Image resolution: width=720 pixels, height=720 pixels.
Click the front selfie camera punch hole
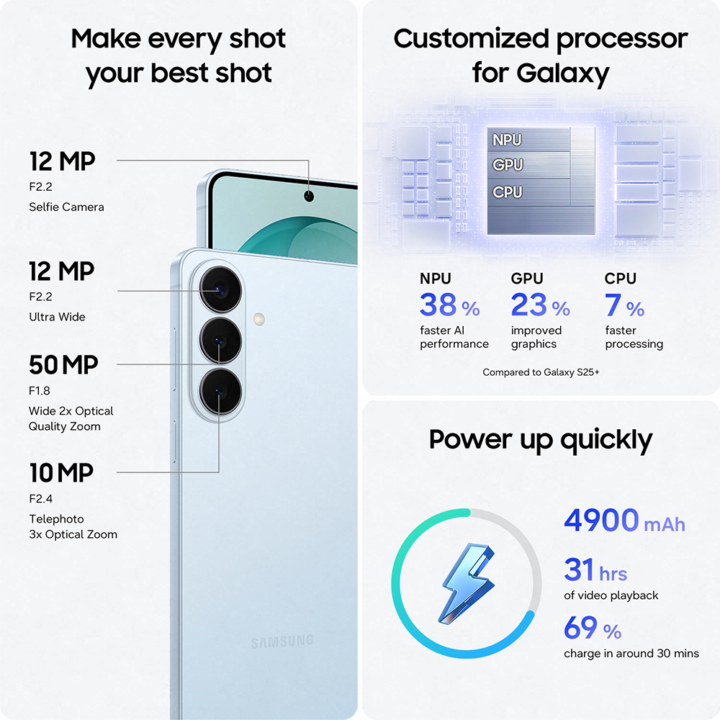pyautogui.click(x=310, y=196)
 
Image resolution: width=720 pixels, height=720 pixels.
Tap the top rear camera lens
pyautogui.click(x=218, y=289)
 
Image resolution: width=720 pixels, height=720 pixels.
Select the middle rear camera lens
pyautogui.click(x=218, y=341)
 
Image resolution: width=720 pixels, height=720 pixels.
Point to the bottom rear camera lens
pyautogui.click(x=218, y=392)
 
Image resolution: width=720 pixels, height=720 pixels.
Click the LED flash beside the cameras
pyautogui.click(x=258, y=318)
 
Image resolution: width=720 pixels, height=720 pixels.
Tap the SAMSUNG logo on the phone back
pyautogui.click(x=282, y=642)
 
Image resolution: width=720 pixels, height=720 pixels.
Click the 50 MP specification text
pyautogui.click(x=63, y=365)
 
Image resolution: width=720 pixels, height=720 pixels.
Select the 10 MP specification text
pyautogui.click(x=61, y=473)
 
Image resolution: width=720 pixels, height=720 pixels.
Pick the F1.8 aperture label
pyautogui.click(x=41, y=391)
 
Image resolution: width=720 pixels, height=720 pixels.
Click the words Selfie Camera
pyautogui.click(x=66, y=207)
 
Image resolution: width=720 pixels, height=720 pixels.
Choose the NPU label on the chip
pyautogui.click(x=507, y=140)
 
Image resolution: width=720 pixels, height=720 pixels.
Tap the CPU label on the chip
pyautogui.click(x=507, y=192)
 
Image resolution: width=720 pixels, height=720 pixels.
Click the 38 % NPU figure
pyautogui.click(x=449, y=306)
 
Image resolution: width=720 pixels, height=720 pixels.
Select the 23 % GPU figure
pyautogui.click(x=540, y=306)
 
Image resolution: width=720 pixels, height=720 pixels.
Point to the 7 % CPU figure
pyautogui.click(x=624, y=306)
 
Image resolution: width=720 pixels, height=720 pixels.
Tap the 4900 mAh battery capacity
pyautogui.click(x=624, y=521)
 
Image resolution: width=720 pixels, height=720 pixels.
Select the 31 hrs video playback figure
pyautogui.click(x=595, y=571)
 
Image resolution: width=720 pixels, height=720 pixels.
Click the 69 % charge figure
pyautogui.click(x=593, y=629)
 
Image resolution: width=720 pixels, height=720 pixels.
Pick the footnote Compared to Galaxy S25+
pyautogui.click(x=541, y=372)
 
